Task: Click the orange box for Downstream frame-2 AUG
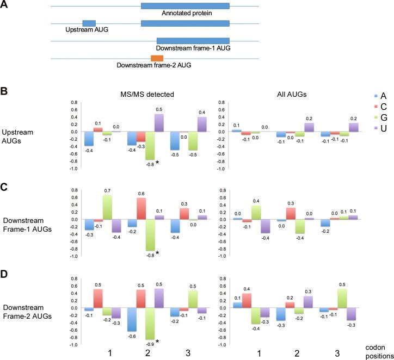[x=157, y=58]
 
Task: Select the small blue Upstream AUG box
[x=89, y=23]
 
